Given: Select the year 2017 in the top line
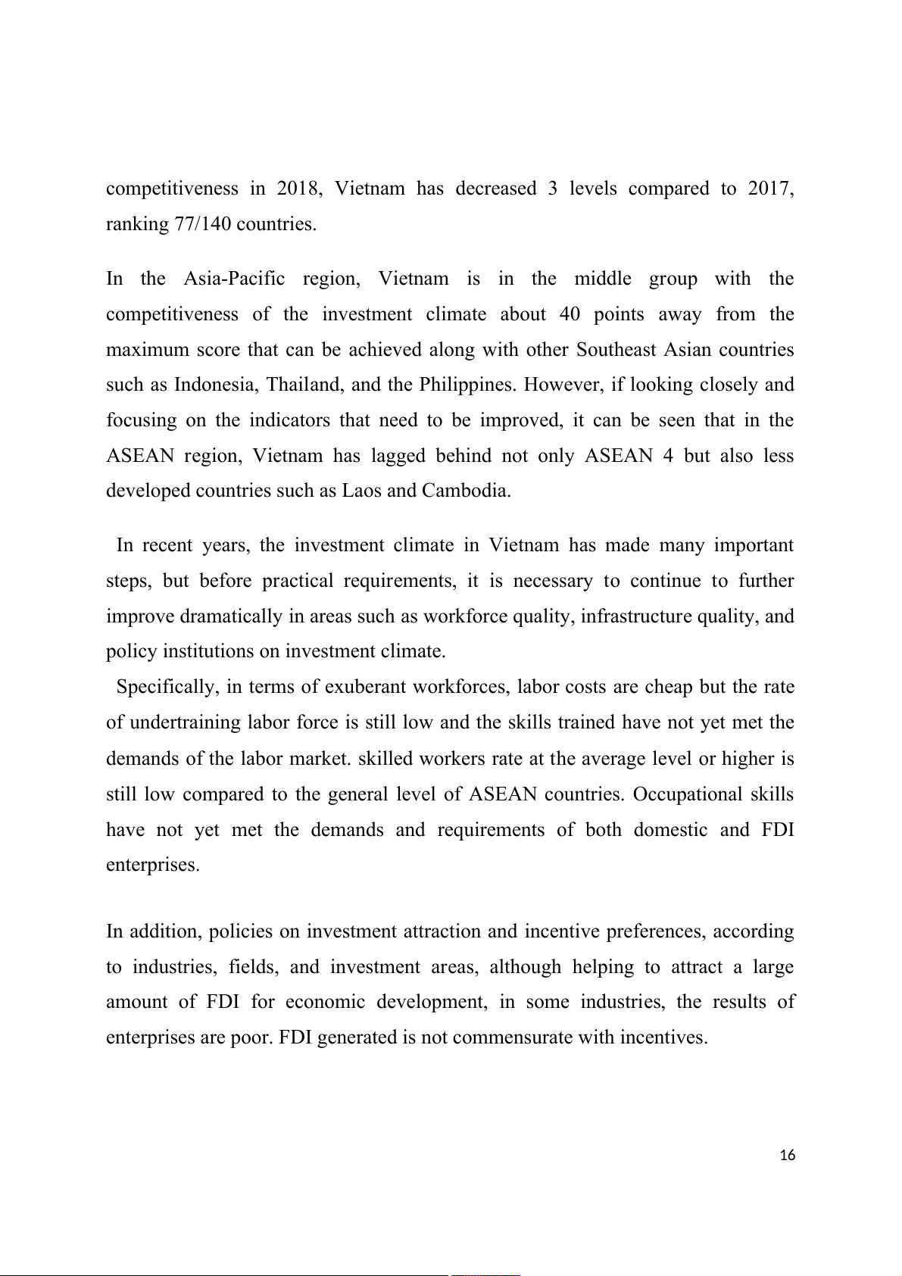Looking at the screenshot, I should tap(770, 189).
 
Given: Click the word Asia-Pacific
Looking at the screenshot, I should tap(235, 279).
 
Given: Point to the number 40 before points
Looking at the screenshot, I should tap(570, 314).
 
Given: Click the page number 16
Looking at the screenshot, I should tap(788, 1155).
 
